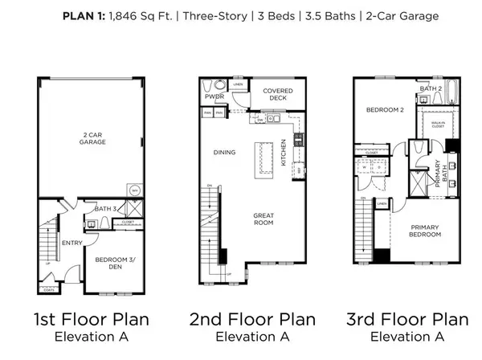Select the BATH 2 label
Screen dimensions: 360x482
(x=434, y=88)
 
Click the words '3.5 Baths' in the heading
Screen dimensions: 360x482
(x=340, y=15)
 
